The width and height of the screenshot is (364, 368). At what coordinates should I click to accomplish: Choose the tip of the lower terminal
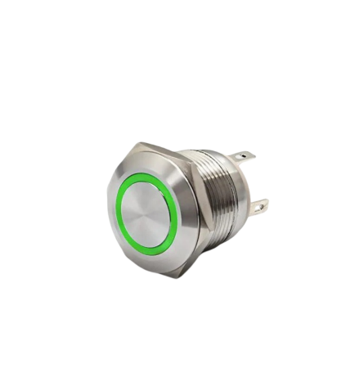[265, 209]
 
